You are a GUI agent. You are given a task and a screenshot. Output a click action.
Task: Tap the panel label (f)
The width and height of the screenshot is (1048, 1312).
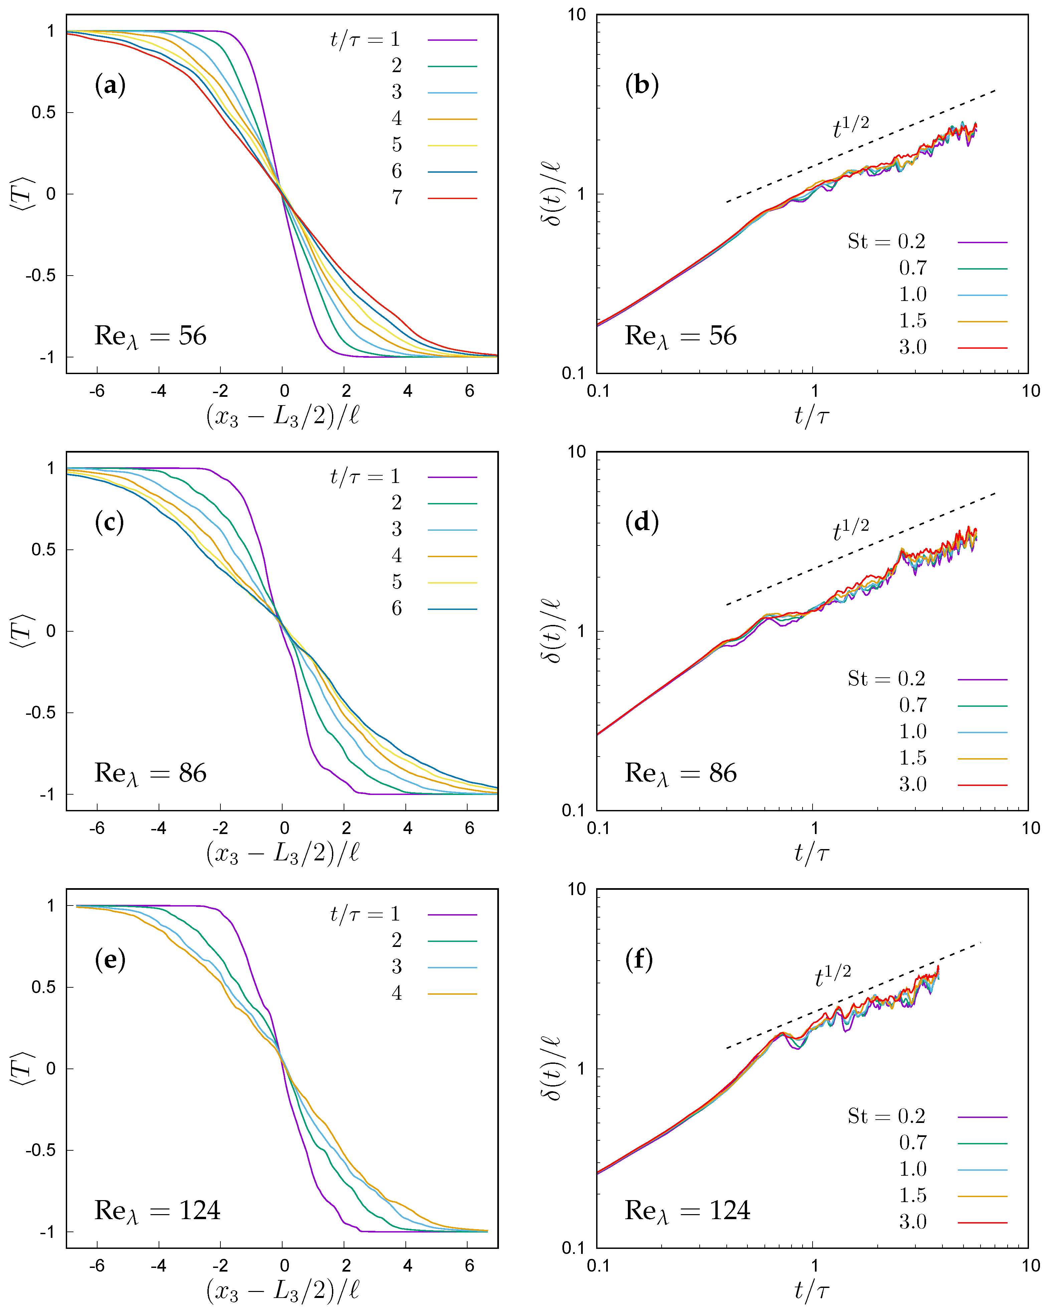point(639,960)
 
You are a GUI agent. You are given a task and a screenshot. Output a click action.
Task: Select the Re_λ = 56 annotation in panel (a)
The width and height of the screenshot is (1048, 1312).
point(150,337)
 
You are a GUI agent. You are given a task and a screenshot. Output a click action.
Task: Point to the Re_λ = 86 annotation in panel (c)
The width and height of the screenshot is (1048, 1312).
point(150,774)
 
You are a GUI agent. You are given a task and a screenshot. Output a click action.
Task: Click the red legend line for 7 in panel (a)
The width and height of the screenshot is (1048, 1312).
point(452,198)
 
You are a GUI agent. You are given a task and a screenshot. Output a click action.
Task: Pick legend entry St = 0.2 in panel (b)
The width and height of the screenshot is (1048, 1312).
point(886,241)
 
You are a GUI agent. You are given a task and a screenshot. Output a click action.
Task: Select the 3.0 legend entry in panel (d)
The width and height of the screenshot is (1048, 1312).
point(913,784)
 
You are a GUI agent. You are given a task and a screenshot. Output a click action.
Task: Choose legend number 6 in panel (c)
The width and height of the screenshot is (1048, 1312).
point(397,608)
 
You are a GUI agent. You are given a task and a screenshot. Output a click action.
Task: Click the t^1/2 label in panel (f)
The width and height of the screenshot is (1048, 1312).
point(833,977)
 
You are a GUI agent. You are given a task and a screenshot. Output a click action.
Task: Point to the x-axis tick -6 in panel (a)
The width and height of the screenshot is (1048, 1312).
point(98,391)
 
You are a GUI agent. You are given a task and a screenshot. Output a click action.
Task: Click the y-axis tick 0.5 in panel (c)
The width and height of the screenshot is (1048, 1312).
point(44,549)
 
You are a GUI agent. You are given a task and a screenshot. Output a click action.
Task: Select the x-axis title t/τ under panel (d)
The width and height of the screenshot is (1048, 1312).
point(812,852)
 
